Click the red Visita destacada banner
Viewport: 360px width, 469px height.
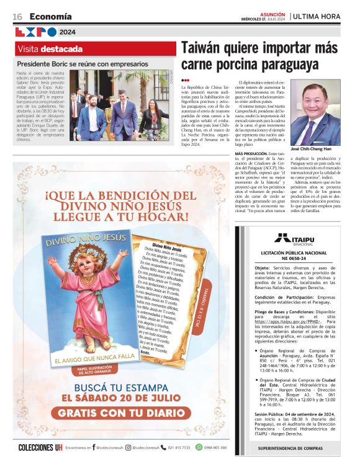[x=96, y=48]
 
